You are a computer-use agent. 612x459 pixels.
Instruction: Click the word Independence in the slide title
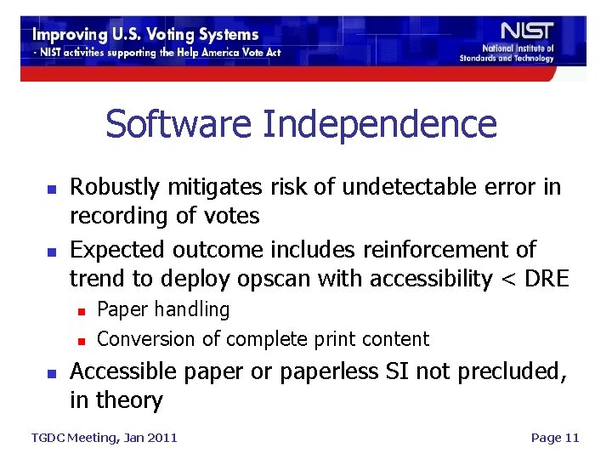[379, 124]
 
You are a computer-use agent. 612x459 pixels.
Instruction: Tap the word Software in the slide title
[178, 124]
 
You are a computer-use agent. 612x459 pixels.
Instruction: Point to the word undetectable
[397, 187]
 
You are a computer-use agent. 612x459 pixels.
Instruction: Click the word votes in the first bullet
[233, 216]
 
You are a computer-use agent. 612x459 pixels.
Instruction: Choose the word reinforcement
[441, 249]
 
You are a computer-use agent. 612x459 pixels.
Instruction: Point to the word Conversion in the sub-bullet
[146, 338]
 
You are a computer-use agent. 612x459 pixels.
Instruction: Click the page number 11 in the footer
[570, 438]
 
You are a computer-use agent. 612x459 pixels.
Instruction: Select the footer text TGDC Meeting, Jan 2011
[104, 438]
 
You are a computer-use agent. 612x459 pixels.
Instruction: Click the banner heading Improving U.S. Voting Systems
[145, 35]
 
